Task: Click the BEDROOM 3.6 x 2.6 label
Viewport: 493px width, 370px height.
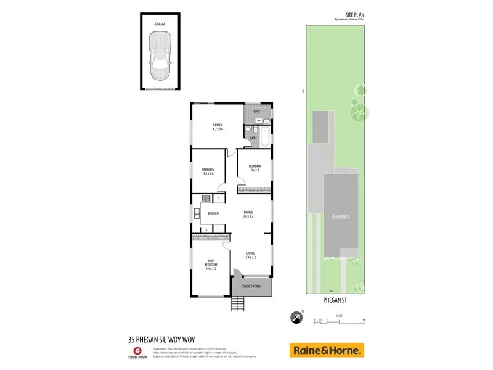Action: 208,171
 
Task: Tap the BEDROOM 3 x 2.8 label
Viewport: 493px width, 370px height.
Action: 255,167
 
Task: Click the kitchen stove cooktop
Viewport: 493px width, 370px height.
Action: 206,199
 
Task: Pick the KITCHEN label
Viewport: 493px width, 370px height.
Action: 213,213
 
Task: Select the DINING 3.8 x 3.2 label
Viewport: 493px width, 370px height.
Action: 248,214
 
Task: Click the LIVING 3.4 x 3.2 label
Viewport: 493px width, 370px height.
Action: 250,255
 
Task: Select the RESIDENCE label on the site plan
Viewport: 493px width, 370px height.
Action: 341,216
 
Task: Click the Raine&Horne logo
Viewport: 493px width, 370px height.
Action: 327,350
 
